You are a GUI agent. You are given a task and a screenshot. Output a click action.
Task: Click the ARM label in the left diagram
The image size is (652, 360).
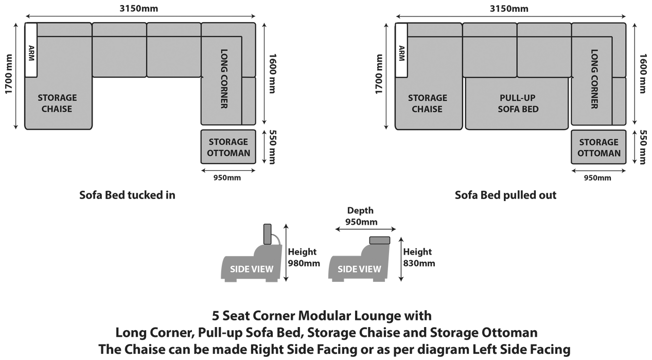click(x=31, y=51)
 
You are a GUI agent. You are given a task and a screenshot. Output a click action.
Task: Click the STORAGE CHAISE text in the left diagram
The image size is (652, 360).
click(x=57, y=103)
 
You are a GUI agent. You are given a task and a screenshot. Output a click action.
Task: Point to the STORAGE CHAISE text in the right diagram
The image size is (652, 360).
click(x=427, y=103)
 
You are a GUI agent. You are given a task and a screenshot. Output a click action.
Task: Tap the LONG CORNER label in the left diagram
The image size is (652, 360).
click(x=224, y=79)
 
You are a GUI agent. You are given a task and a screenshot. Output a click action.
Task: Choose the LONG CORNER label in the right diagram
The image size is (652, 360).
click(x=594, y=79)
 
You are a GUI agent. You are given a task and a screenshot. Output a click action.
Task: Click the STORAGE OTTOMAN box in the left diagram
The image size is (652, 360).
click(x=228, y=147)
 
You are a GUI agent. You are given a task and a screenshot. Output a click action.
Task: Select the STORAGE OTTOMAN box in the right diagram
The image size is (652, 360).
click(x=598, y=147)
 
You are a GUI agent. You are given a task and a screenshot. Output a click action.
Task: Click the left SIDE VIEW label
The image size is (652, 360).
click(x=252, y=269)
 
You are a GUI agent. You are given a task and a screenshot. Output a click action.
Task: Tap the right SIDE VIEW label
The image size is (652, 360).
click(x=359, y=269)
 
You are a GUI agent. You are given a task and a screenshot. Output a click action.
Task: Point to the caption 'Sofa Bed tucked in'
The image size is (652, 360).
click(x=127, y=195)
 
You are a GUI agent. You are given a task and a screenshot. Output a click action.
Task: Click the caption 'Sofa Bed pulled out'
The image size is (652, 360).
click(x=505, y=195)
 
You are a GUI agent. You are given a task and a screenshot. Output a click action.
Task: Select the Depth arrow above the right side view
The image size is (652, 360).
click(x=365, y=230)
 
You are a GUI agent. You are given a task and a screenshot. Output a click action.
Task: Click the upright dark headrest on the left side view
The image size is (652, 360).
click(x=268, y=234)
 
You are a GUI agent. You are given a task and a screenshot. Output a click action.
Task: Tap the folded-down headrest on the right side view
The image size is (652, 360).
click(x=380, y=239)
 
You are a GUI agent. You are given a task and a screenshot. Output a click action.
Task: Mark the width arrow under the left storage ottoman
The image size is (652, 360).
click(x=228, y=170)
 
